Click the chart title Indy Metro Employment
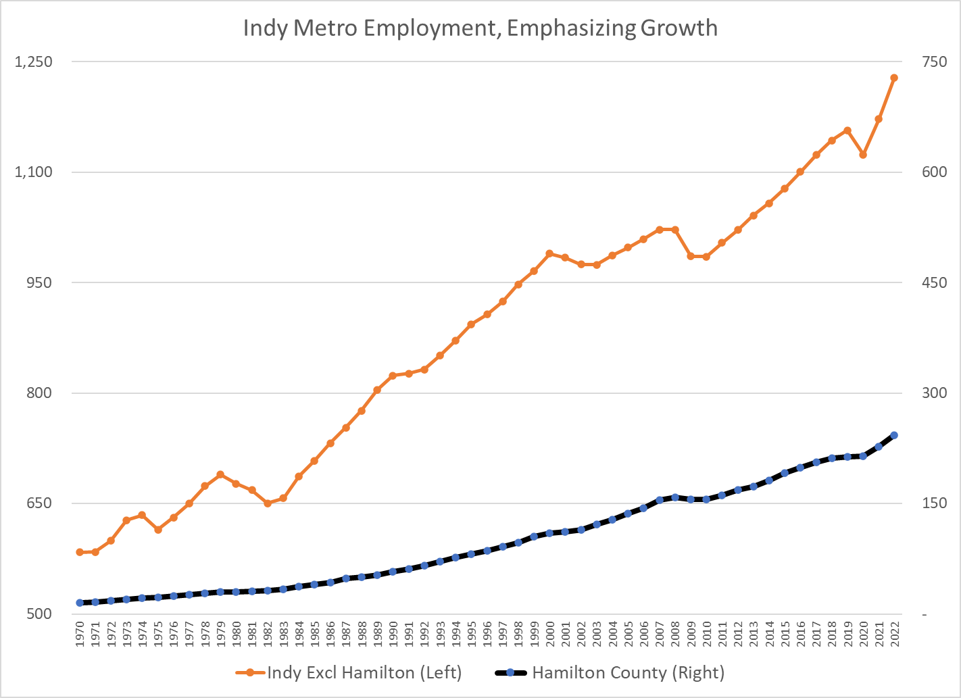pos(480,28)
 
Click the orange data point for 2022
pos(894,78)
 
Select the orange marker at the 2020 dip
pos(863,155)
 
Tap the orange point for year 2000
pos(549,253)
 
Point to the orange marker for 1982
pos(268,503)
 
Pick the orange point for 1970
pos(80,552)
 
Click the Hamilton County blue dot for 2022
pos(894,435)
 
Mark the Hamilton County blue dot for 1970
pos(80,603)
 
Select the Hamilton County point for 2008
pos(675,497)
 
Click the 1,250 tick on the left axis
pos(33,61)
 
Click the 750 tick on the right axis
pos(934,61)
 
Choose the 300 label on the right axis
pos(934,393)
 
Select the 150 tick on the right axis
pos(934,503)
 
